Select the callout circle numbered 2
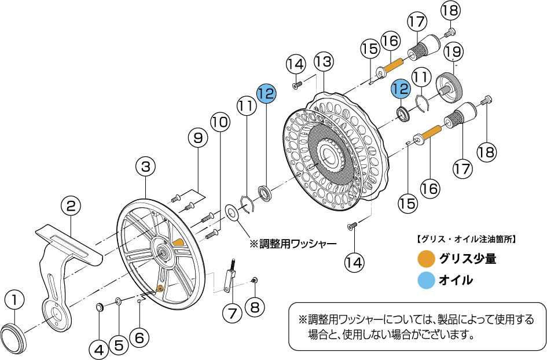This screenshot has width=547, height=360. click(x=71, y=206)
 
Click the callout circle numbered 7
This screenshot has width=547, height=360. click(x=232, y=314)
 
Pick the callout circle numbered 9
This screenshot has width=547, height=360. click(x=198, y=139)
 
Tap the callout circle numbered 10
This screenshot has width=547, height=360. click(x=220, y=122)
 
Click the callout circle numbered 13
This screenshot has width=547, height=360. click(x=324, y=61)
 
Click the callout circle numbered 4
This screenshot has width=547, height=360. click(x=98, y=349)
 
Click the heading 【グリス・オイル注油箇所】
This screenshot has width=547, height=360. click(x=466, y=238)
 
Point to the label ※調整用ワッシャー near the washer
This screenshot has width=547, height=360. click(x=292, y=244)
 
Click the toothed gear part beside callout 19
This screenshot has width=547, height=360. click(x=449, y=86)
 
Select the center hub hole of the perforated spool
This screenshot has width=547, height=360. click(x=327, y=155)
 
